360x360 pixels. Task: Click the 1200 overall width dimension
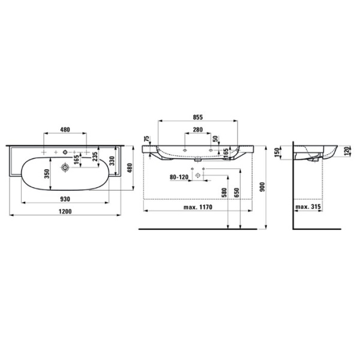pyautogui.click(x=65, y=212)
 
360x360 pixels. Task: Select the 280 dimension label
pyautogui.click(x=197, y=130)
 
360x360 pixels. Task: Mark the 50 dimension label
pyautogui.click(x=215, y=140)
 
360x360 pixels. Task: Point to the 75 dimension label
pyautogui.click(x=146, y=139)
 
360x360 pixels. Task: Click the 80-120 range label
pyautogui.click(x=178, y=177)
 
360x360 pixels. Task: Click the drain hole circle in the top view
pyautogui.click(x=62, y=169)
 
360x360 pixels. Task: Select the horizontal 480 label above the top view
pyautogui.click(x=65, y=130)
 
